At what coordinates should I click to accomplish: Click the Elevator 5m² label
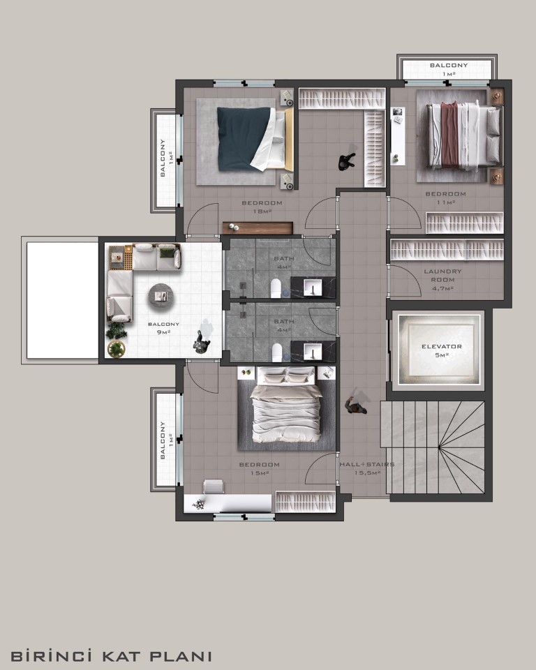tap(442, 350)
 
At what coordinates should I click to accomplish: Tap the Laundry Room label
tap(442, 279)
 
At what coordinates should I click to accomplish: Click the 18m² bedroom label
tap(262, 207)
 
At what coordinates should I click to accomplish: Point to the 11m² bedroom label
tap(445, 198)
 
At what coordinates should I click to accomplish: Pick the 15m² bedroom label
tap(259, 469)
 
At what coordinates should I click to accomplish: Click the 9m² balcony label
tap(163, 328)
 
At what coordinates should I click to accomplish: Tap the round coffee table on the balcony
tap(161, 296)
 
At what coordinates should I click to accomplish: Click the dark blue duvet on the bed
tap(244, 139)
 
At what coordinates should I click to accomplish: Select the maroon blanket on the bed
tap(449, 134)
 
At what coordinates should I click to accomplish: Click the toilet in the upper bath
tap(276, 288)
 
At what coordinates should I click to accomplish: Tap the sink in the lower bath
tap(313, 352)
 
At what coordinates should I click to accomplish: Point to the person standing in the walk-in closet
tap(347, 161)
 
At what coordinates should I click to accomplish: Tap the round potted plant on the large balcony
tap(117, 349)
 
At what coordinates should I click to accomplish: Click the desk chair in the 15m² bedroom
tap(214, 486)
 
